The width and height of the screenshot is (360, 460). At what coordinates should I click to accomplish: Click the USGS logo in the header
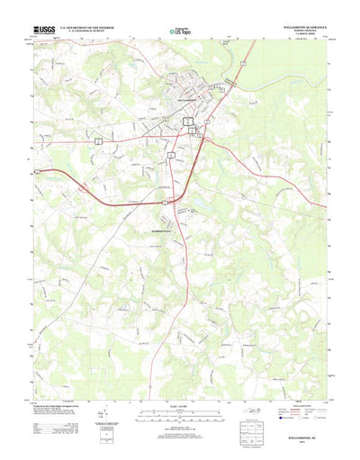pos(42,30)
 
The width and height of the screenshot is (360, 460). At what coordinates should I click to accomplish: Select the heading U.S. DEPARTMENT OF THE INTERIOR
pos(90,27)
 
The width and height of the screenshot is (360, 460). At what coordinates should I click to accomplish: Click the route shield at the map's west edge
pos(37,168)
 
